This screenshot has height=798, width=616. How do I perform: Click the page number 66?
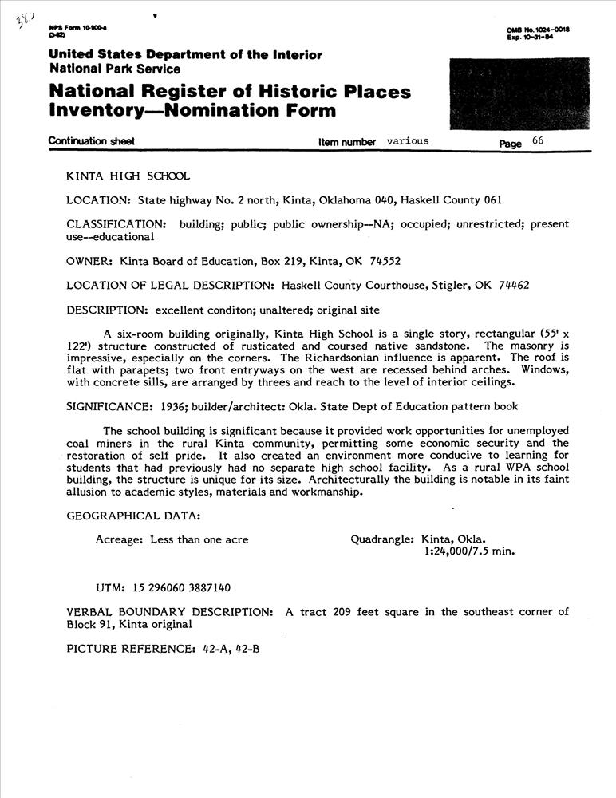tap(538, 141)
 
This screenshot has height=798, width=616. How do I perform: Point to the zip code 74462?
tap(514, 285)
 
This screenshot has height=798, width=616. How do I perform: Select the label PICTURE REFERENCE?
tap(131, 649)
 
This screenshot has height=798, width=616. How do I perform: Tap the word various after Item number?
tap(408, 141)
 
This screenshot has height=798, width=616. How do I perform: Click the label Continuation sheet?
tap(91, 141)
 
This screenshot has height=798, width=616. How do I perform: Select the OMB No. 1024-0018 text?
tap(537, 30)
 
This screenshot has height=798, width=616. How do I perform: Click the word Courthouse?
tap(398, 285)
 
